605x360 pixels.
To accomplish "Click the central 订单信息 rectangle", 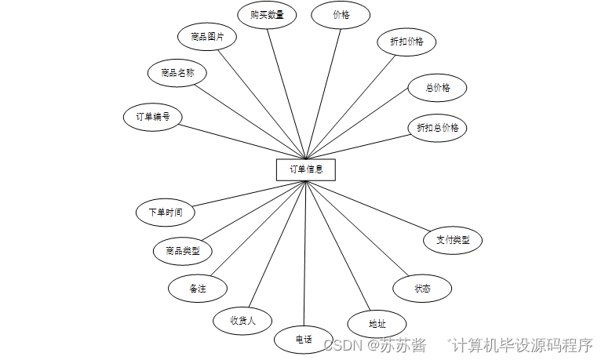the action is pos(305,169).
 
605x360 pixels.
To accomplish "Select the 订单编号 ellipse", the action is pos(154,117).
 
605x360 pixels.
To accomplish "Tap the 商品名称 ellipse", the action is pos(177,74).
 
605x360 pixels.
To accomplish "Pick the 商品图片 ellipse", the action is pos(207,36).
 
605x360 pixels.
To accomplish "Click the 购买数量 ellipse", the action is pos(267,15).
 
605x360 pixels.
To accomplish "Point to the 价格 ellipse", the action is pos(341,15).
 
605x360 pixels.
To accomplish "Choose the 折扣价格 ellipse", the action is pos(406,41).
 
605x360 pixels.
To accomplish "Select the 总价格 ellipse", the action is pos(437,88).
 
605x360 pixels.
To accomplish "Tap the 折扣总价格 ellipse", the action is pos(437,127).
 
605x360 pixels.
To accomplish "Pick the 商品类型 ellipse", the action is pos(183,251).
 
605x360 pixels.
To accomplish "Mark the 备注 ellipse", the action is pos(197,288).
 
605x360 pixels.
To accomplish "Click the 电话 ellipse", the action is pos(304,339).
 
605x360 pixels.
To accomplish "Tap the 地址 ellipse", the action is pos(377,323).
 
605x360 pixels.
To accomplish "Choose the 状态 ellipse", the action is pos(422,288).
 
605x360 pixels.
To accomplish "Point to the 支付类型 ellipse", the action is pos(452,240).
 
